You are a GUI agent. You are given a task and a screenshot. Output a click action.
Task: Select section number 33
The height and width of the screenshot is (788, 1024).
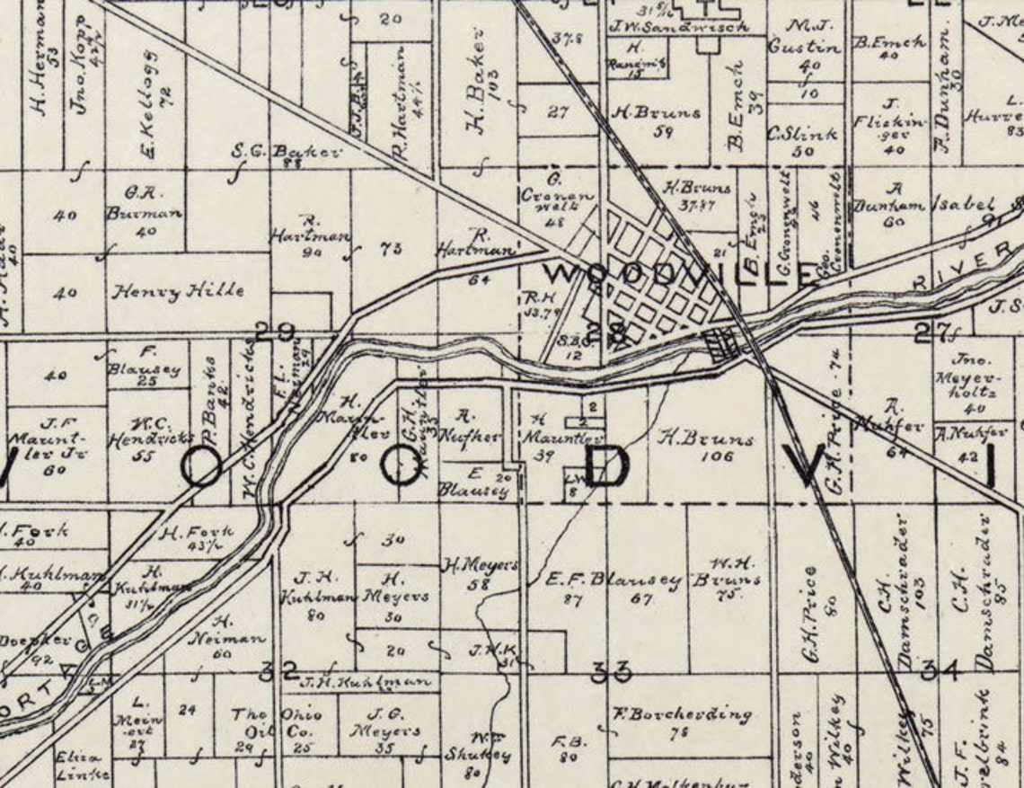611,670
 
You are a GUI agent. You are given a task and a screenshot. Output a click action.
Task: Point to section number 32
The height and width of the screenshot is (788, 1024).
278,670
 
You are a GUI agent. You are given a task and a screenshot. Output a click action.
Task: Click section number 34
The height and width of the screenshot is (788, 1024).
941,669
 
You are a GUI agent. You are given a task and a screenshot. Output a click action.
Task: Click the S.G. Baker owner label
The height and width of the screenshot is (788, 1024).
287,151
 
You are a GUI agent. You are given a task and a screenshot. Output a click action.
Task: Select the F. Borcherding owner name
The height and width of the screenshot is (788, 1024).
682,715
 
